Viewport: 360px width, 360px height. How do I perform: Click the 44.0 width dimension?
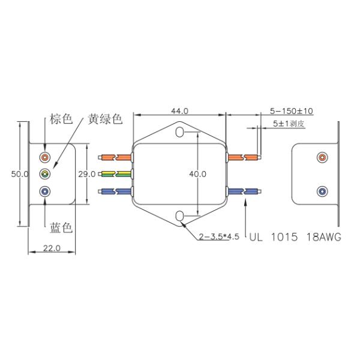[179, 111]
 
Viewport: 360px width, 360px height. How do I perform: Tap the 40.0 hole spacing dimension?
[197, 174]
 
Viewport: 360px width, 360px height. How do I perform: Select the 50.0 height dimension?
[20, 174]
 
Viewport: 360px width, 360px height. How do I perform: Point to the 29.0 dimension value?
[87, 174]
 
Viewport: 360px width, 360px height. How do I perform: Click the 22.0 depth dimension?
[52, 248]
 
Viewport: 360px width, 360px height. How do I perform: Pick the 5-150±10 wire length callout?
[292, 111]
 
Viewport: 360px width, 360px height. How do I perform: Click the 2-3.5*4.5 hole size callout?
[219, 236]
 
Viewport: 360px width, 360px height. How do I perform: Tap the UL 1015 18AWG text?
[295, 237]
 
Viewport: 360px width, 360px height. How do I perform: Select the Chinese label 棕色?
[61, 119]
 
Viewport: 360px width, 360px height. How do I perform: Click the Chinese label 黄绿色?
[105, 119]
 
